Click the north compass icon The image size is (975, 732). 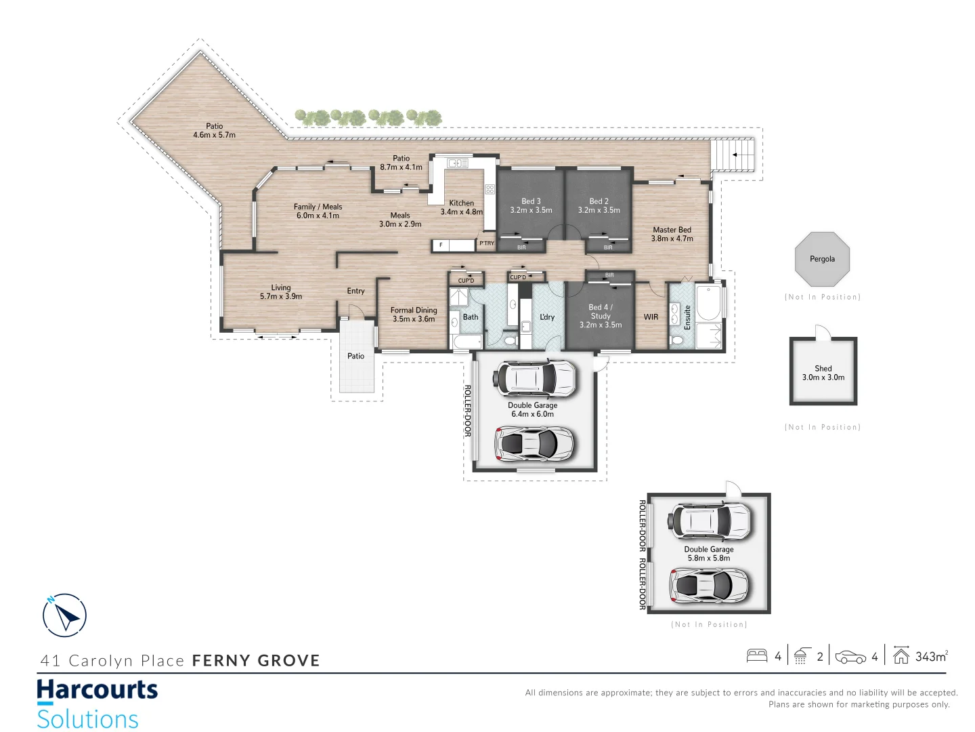pyautogui.click(x=64, y=615)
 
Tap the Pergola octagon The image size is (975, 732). pyautogui.click(x=822, y=260)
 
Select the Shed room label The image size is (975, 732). pyautogui.click(x=823, y=369)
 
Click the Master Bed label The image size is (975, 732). pyautogui.click(x=672, y=230)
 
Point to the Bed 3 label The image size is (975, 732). pyautogui.click(x=531, y=201)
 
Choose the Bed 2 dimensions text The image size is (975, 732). pyautogui.click(x=599, y=210)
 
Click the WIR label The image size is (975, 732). pyautogui.click(x=651, y=317)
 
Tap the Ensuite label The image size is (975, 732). pyautogui.click(x=687, y=317)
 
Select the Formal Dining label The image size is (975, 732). pyautogui.click(x=414, y=310)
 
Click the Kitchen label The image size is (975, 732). pyautogui.click(x=462, y=203)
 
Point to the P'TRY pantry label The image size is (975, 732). pyautogui.click(x=487, y=243)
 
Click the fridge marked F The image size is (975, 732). pyautogui.click(x=441, y=245)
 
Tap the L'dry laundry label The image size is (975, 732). pyautogui.click(x=547, y=317)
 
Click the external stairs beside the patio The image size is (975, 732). pyautogui.click(x=733, y=155)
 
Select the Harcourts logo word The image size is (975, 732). pyautogui.click(x=97, y=690)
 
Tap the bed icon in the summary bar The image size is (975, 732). pyautogui.click(x=756, y=656)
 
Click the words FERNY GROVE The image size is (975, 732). pyautogui.click(x=256, y=661)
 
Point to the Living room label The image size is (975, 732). pyautogui.click(x=281, y=288)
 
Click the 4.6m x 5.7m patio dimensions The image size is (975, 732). pyautogui.click(x=214, y=135)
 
